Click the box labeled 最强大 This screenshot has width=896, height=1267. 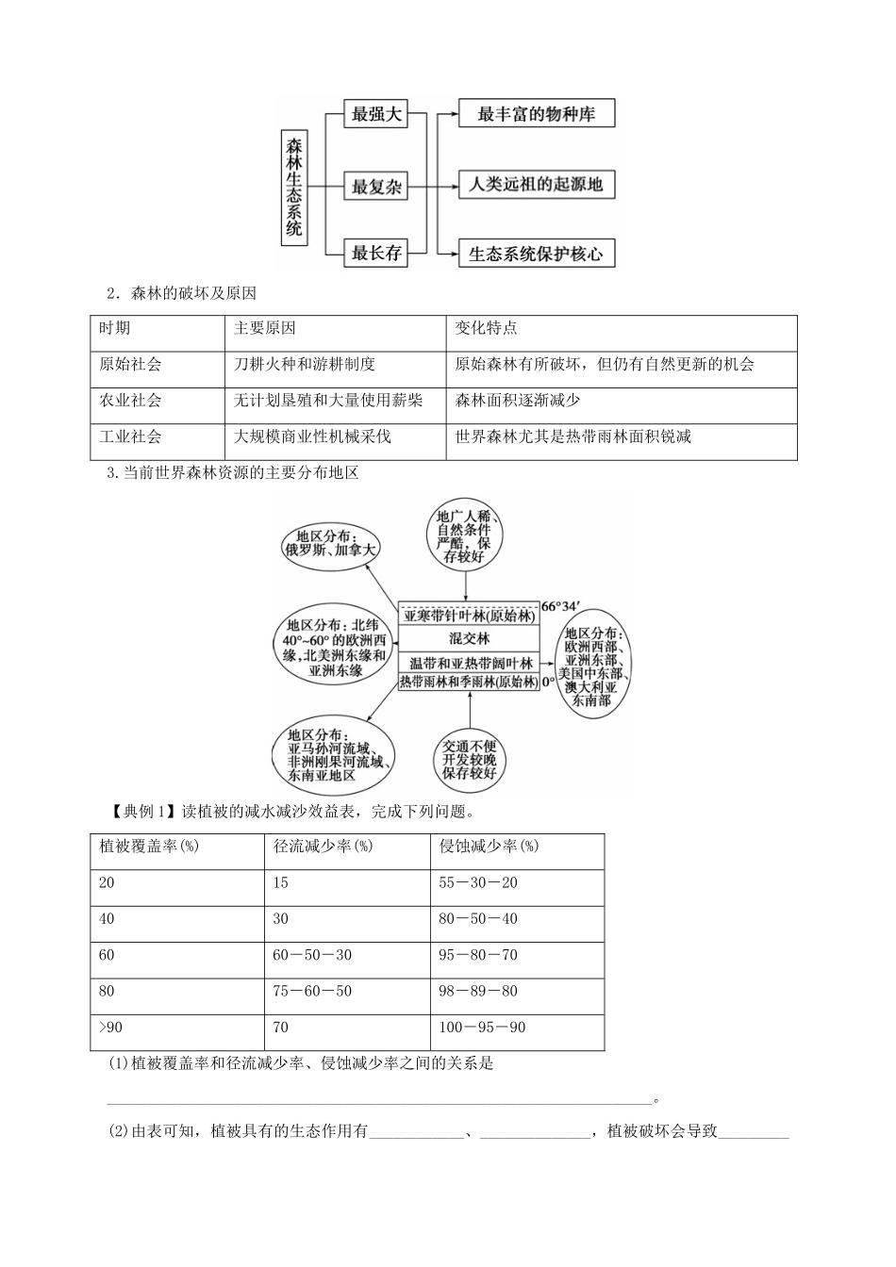click(376, 115)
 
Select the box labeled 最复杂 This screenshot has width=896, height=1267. click(376, 186)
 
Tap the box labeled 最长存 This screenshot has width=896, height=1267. click(376, 253)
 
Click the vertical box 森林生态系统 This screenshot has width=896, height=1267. click(294, 186)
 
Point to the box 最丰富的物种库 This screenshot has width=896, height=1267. click(536, 115)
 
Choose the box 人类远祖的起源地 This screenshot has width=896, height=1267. click(536, 184)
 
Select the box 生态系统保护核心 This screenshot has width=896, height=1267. click(536, 254)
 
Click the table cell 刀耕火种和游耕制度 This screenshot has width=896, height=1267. click(305, 364)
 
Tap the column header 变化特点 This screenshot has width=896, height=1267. click(486, 328)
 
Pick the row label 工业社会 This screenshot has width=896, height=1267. click(131, 436)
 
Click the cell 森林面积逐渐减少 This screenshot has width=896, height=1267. click(518, 400)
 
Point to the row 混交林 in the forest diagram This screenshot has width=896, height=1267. click(469, 638)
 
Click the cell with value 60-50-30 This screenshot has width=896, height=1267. click(312, 955)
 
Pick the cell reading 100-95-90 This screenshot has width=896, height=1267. click(483, 1027)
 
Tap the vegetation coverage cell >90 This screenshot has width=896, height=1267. click(108, 1027)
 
